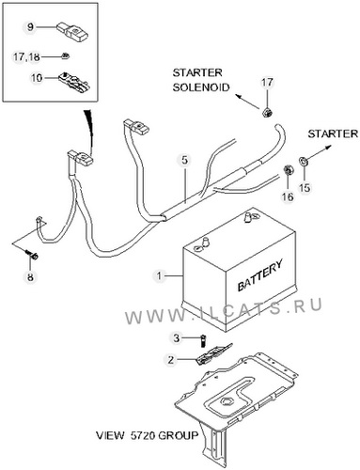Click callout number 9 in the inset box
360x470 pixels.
pos(30,26)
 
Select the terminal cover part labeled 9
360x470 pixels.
pos(73,32)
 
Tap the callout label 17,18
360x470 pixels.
pos(26,57)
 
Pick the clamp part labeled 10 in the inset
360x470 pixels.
pos(74,81)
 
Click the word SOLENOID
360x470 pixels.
pos(201,87)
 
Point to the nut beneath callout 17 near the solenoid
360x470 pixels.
pos(267,112)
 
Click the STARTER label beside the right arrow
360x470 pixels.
pos(333,133)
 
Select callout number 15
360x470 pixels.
pos(305,187)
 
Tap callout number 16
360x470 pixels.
pos(288,196)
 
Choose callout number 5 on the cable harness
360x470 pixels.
pos(185,160)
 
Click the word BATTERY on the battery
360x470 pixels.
pos(259,275)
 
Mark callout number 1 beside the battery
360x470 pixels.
pos(160,276)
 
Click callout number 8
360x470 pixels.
pos(30,277)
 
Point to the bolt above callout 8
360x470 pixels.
pos(31,255)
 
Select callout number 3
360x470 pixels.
pos(177,338)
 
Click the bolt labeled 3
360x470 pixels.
pos(204,341)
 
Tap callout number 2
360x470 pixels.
pos(170,360)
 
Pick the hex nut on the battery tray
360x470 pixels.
pos(226,401)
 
